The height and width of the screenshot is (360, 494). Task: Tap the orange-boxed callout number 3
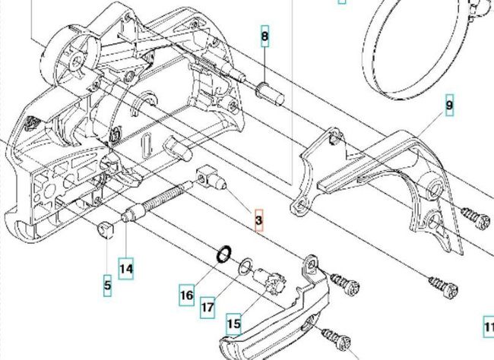(x=258, y=220)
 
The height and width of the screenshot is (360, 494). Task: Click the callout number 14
(x=126, y=267)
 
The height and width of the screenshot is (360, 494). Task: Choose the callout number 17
(x=207, y=308)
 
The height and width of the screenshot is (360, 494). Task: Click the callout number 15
(x=233, y=324)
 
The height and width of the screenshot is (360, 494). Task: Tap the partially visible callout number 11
(x=489, y=328)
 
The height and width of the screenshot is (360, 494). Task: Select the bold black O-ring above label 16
(x=221, y=253)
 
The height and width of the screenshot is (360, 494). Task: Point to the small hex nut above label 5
(x=106, y=229)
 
